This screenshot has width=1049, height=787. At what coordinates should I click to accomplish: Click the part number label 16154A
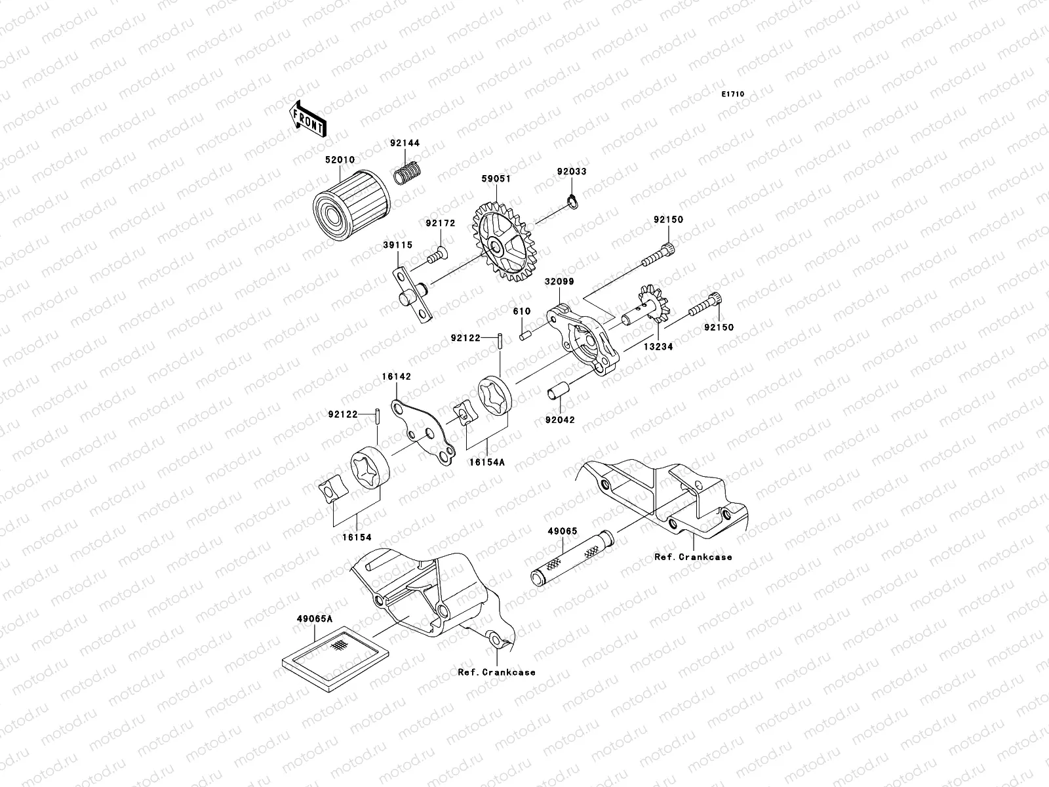(486, 462)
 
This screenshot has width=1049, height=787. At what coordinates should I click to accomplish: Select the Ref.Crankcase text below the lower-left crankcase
(496, 672)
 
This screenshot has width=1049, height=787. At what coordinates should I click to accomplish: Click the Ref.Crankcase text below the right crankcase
(693, 557)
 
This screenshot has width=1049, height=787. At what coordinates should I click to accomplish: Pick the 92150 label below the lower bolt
(720, 327)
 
